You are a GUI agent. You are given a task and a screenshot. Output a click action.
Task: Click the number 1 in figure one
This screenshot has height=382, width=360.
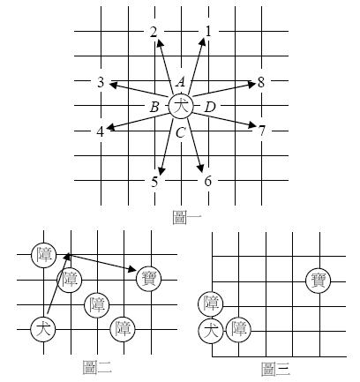click(208, 32)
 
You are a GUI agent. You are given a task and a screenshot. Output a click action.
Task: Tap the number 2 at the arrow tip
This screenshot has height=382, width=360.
click(154, 32)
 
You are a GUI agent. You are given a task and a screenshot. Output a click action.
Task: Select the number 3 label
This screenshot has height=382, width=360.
click(101, 82)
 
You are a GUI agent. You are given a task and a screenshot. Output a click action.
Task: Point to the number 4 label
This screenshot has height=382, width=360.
click(101, 131)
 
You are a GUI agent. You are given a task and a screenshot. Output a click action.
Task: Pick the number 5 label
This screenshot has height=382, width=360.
click(154, 182)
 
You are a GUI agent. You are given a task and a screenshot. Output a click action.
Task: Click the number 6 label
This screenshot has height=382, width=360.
click(208, 181)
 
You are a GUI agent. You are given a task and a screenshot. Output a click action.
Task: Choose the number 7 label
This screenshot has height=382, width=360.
click(262, 131)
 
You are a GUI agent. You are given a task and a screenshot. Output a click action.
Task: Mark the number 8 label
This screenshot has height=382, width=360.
click(261, 82)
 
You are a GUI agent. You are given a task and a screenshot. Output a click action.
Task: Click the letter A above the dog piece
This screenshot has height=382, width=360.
click(181, 82)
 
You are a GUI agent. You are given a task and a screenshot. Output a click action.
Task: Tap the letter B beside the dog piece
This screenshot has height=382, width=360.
click(154, 108)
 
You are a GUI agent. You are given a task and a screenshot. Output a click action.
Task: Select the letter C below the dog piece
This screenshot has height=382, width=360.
click(180, 133)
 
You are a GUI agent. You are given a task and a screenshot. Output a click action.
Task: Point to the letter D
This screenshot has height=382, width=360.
click(210, 108)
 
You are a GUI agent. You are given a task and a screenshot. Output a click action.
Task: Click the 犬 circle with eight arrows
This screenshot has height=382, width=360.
click(181, 107)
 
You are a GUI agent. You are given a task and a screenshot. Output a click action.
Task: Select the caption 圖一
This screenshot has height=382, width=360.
click(187, 218)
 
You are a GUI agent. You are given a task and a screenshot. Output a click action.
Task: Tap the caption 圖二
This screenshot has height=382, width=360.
click(97, 368)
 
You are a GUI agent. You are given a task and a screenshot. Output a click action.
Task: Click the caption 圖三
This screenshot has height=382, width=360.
click(275, 370)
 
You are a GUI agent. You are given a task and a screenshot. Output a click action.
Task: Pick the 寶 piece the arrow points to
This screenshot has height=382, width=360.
click(148, 279)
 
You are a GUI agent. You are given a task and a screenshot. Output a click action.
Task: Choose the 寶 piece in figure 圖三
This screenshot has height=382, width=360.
click(319, 281)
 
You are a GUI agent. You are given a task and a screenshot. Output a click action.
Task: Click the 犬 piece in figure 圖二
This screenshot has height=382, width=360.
click(43, 329)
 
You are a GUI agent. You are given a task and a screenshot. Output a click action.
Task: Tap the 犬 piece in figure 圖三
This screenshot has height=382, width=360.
click(211, 331)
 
